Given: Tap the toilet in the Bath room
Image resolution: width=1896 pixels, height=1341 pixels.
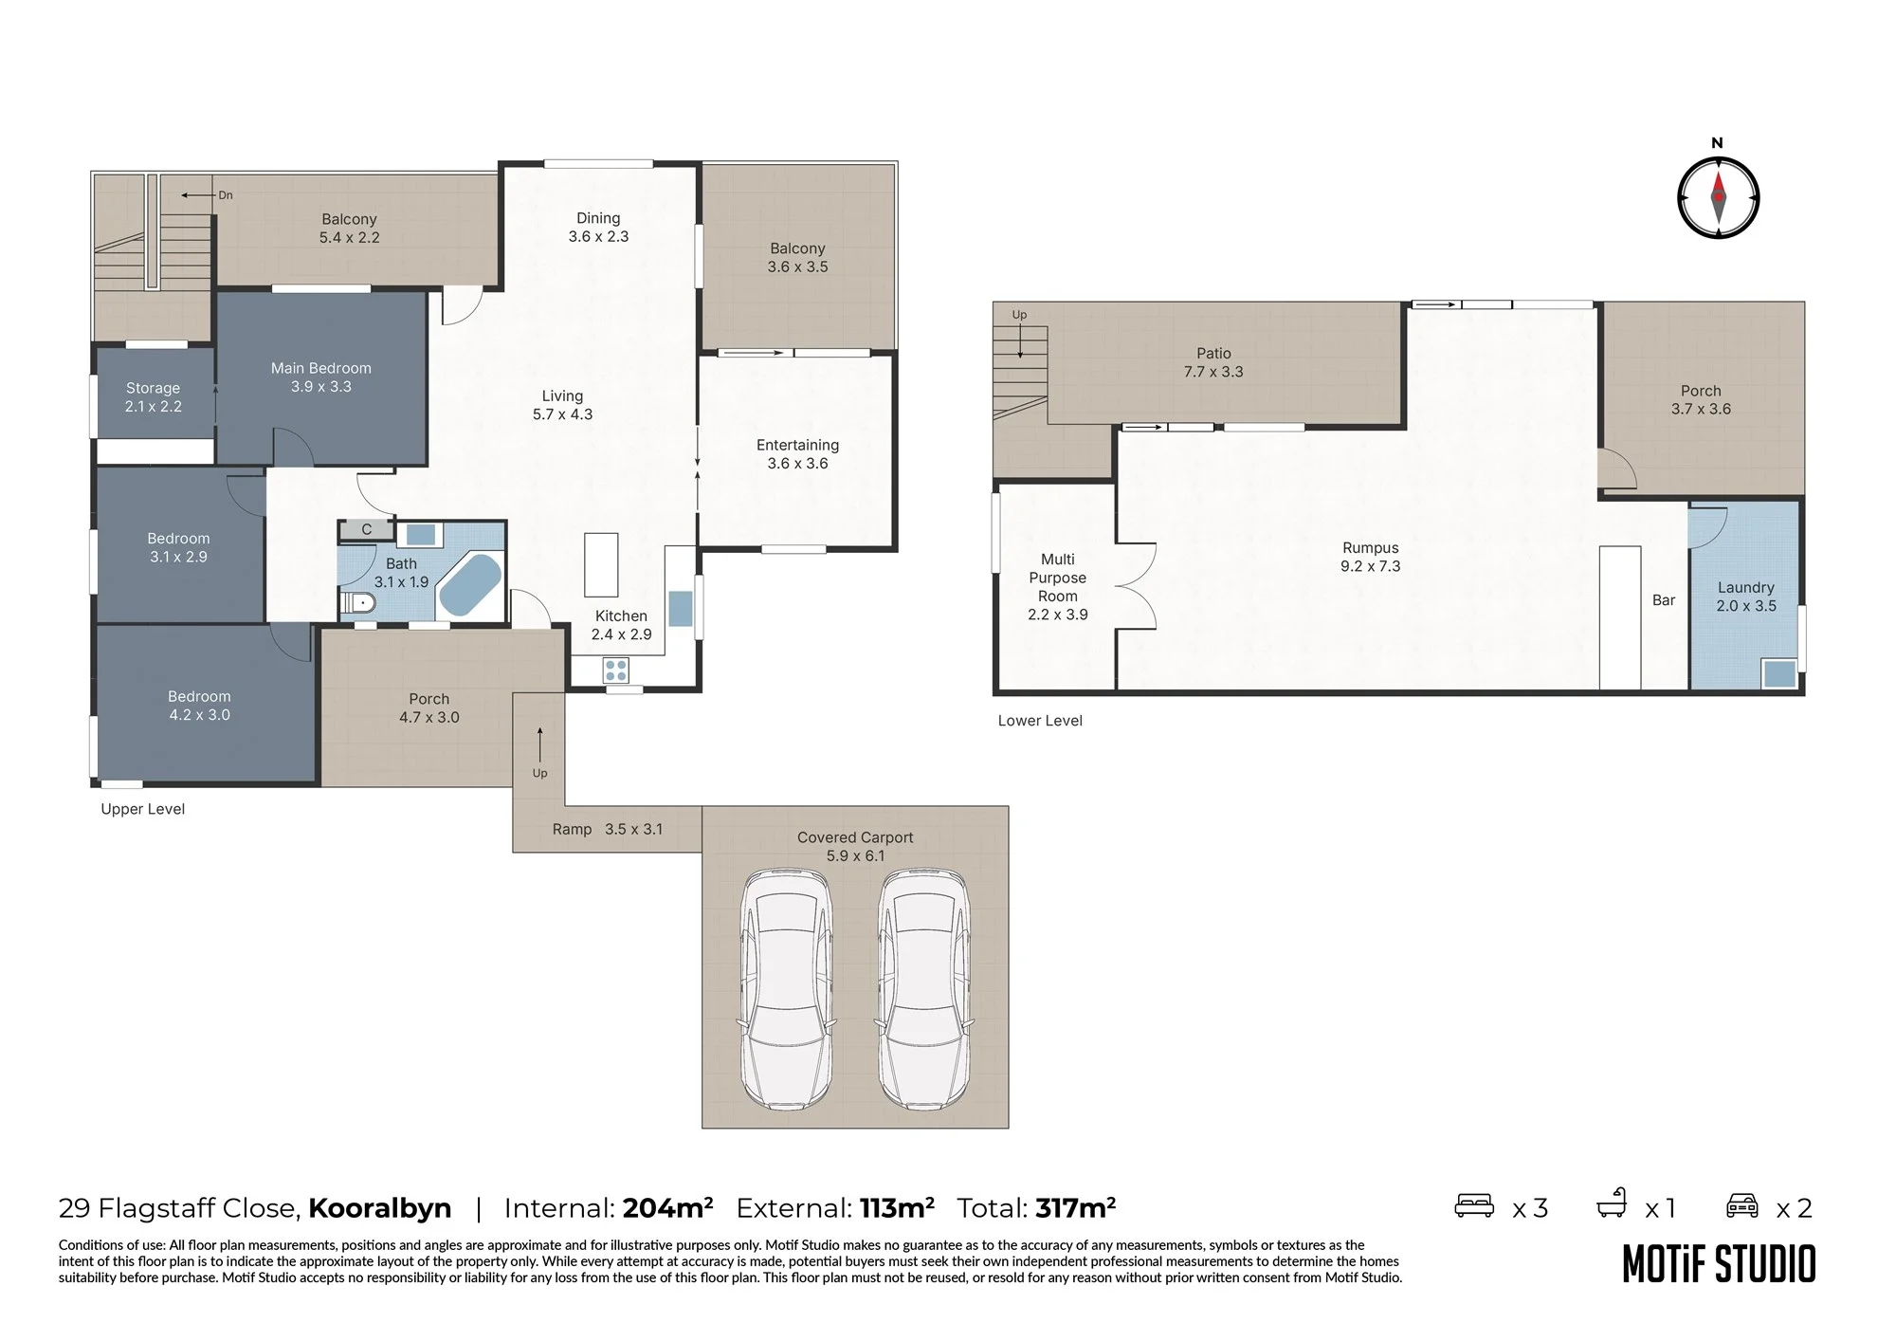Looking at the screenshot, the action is [359, 602].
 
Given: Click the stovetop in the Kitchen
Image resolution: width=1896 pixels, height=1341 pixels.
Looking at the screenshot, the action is [616, 670].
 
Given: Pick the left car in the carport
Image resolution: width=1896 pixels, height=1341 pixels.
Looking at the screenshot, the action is [787, 990].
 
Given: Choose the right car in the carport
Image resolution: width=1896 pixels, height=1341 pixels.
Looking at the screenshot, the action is [923, 990].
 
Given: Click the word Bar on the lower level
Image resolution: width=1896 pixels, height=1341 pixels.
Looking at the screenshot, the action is [1664, 599].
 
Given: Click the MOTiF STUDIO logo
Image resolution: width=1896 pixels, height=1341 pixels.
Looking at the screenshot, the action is [1719, 1263].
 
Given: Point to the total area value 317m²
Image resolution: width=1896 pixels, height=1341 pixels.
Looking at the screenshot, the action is [1075, 1207].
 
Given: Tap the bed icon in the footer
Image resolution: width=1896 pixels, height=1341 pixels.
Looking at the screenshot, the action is [1474, 1205].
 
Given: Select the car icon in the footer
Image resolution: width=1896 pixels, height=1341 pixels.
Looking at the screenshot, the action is [1742, 1205].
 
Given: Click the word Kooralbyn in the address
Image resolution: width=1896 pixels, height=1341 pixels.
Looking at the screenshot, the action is [379, 1208].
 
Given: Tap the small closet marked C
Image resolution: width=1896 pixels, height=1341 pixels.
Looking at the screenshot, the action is [366, 529].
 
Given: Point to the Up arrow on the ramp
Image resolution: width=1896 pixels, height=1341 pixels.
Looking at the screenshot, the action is [539, 744].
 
